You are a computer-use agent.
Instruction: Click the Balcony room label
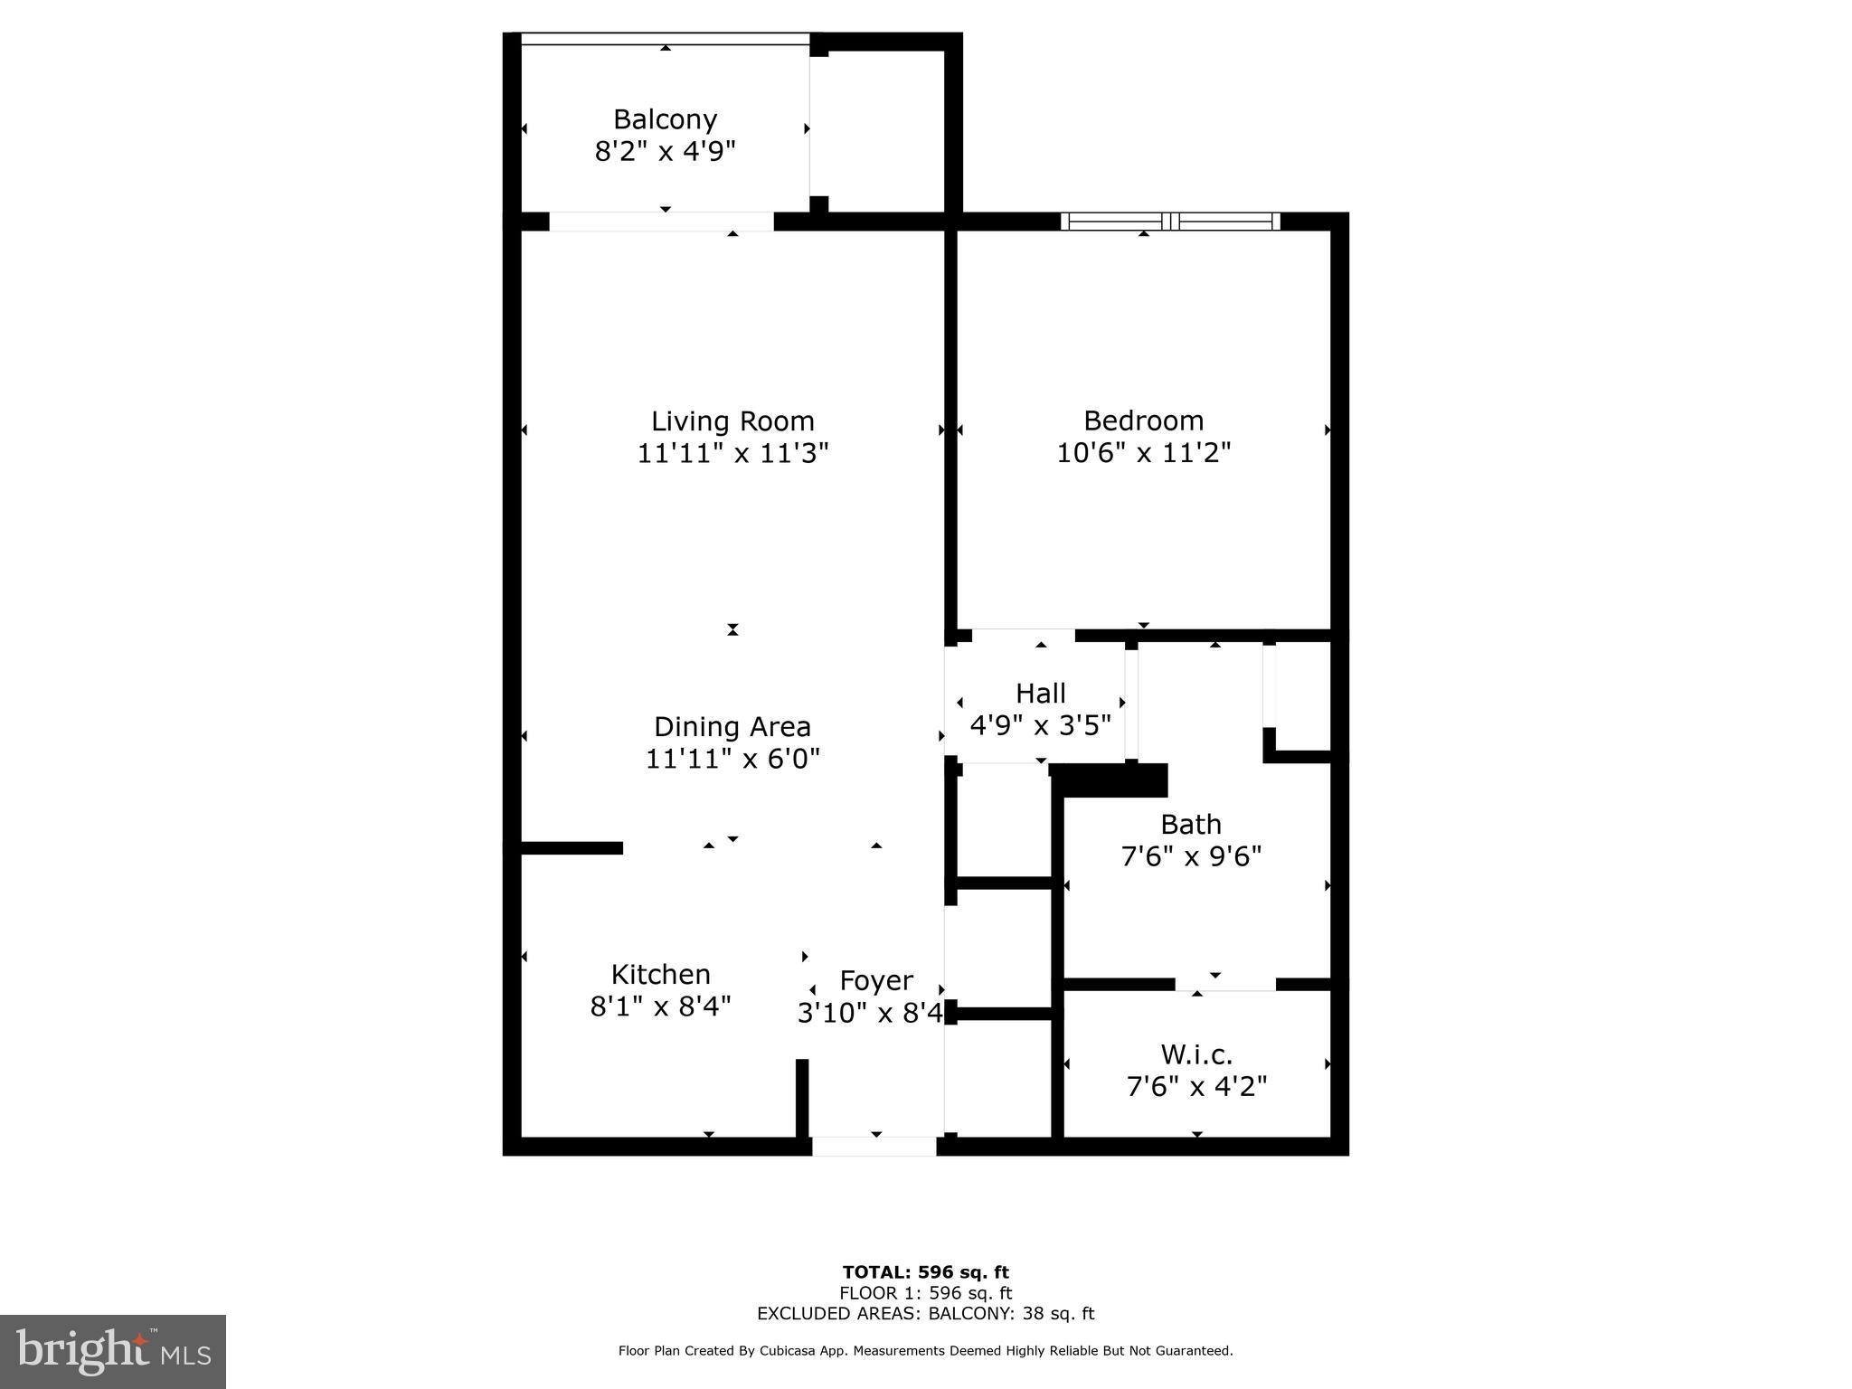click(x=665, y=119)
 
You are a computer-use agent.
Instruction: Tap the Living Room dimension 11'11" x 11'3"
click(x=732, y=452)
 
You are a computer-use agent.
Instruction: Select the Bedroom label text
click(x=1143, y=420)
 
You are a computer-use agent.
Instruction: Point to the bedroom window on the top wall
click(x=1170, y=222)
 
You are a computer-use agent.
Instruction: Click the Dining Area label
click(x=732, y=727)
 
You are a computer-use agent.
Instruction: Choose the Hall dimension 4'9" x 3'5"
click(x=1040, y=725)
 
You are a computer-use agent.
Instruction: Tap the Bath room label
click(x=1191, y=825)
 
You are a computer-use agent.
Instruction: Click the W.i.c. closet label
click(x=1196, y=1054)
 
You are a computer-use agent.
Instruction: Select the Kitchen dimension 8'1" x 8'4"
click(x=660, y=1006)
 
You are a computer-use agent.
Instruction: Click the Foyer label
click(x=876, y=980)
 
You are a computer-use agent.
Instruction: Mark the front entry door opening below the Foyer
click(x=874, y=1146)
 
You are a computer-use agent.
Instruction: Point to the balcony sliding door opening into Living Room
click(x=662, y=222)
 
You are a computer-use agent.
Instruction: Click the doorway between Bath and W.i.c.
click(x=1225, y=984)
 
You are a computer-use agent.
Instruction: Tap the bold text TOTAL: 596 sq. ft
click(x=925, y=1272)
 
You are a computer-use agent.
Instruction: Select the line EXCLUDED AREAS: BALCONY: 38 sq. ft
click(x=925, y=1313)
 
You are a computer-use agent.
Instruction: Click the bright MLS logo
click(x=113, y=1351)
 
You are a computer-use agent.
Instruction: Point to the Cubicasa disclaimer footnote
click(x=925, y=1351)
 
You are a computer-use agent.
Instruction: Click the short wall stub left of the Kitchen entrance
click(x=572, y=848)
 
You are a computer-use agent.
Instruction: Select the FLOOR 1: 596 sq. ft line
click(x=925, y=1293)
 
